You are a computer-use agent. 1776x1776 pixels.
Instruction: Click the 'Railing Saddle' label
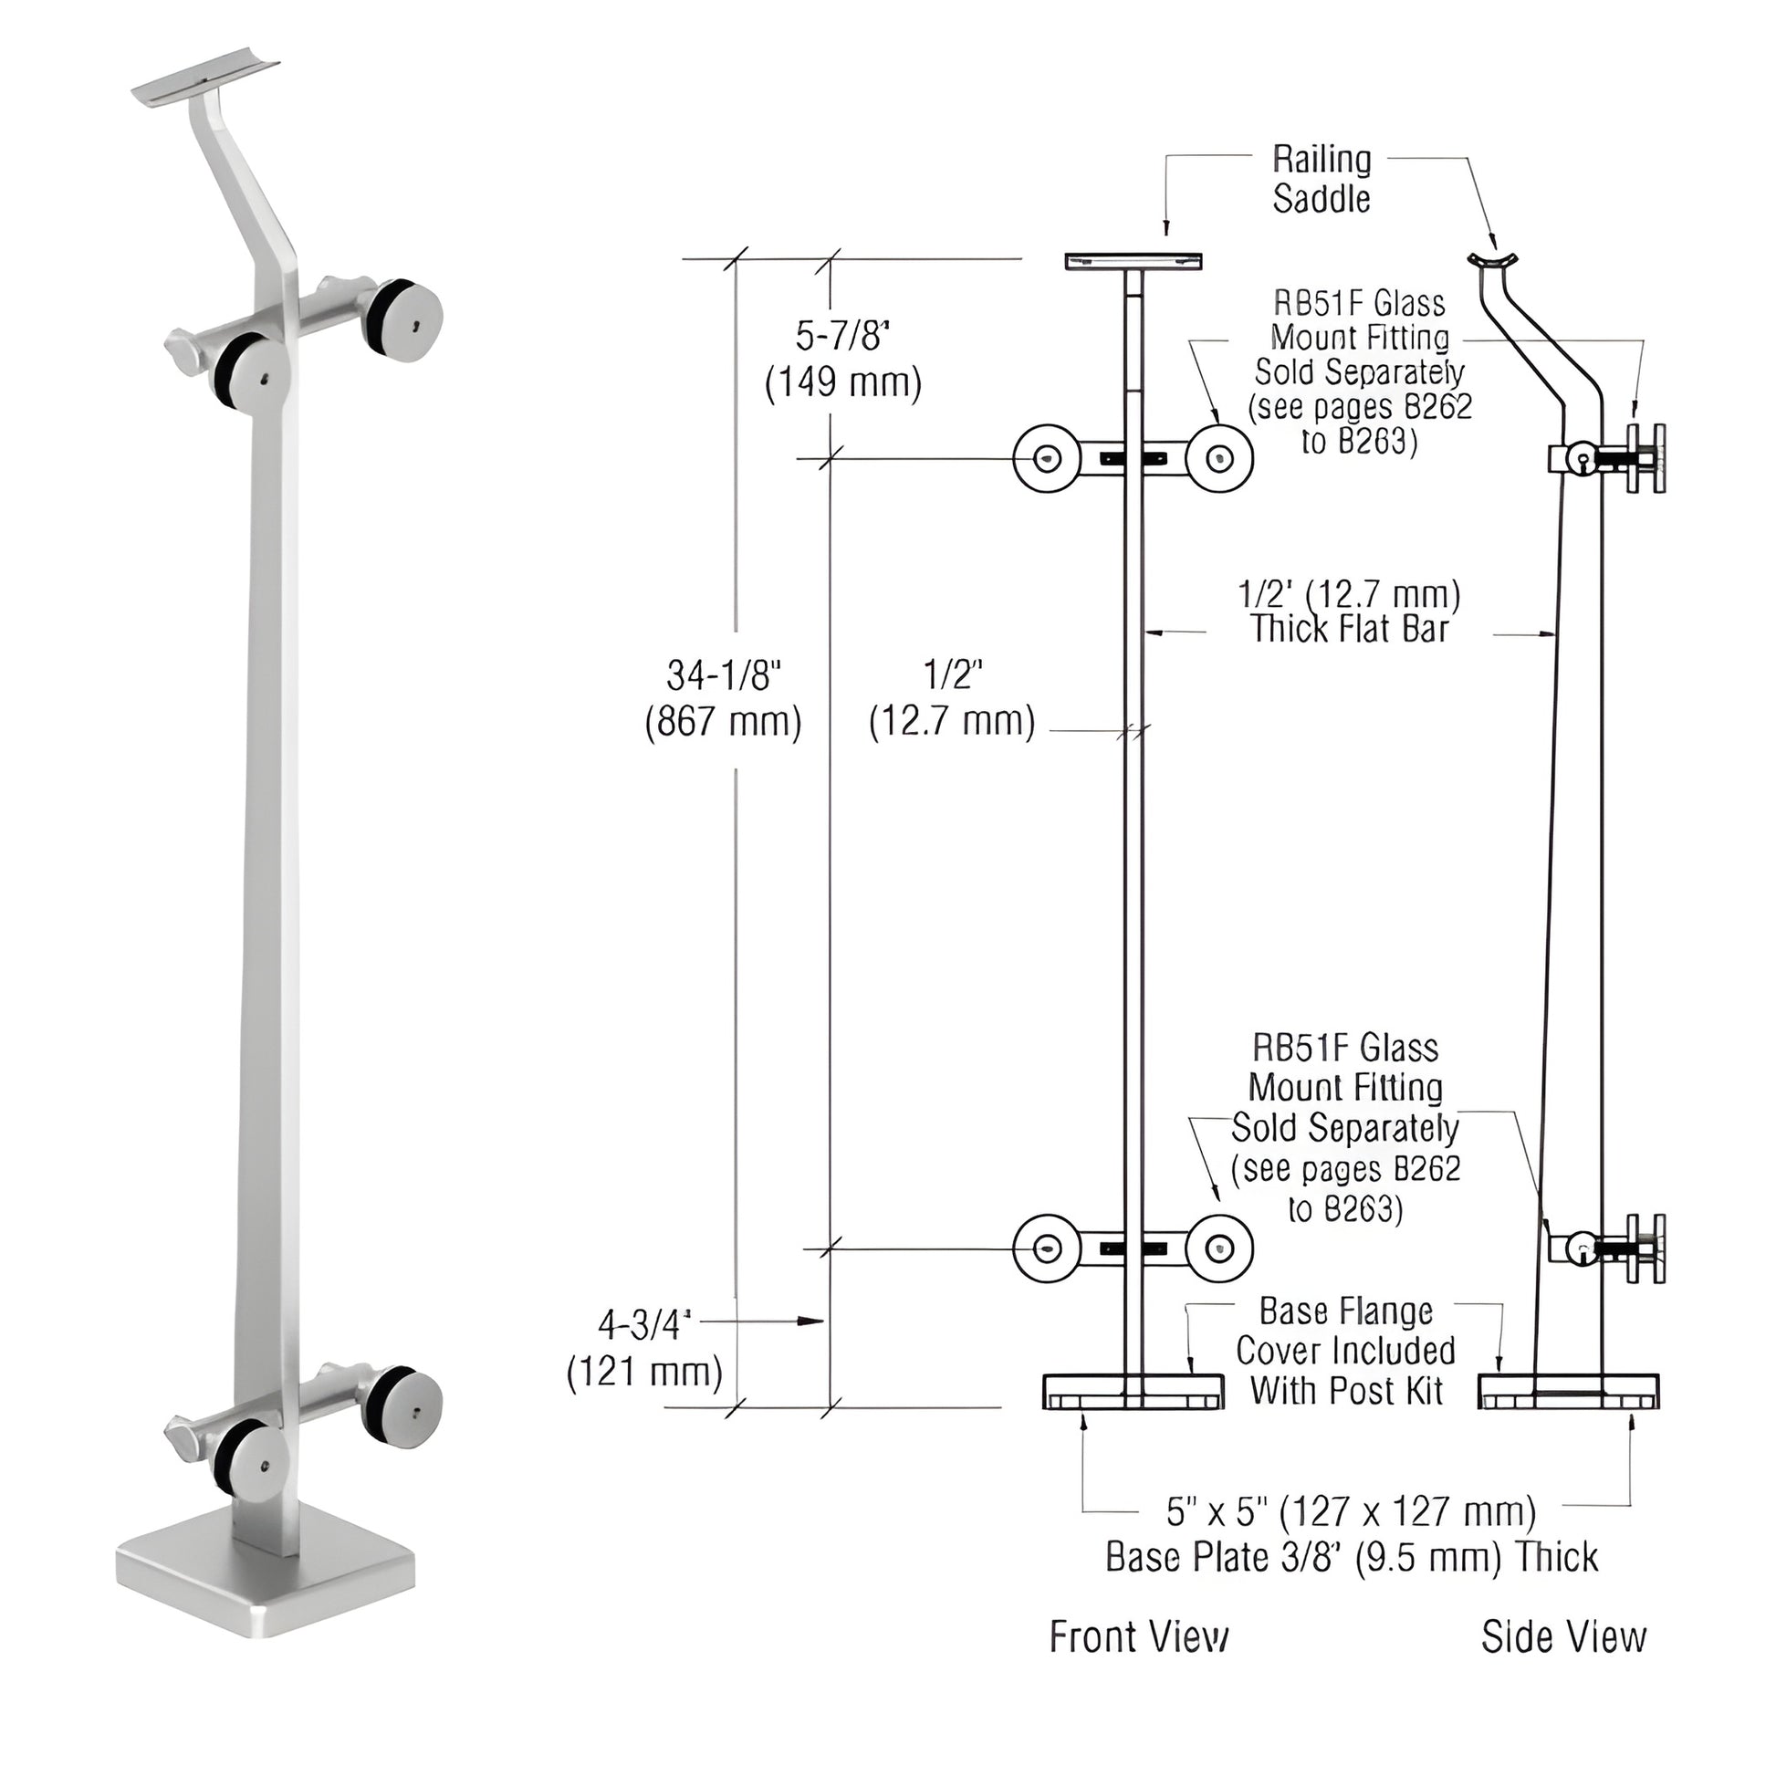[1321, 179]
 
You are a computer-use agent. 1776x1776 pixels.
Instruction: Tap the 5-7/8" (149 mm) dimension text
[843, 360]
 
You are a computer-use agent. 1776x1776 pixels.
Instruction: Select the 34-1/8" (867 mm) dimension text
[724, 700]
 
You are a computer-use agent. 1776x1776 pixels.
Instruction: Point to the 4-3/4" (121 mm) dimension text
[644, 1350]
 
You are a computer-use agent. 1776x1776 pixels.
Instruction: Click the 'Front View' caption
[1138, 1637]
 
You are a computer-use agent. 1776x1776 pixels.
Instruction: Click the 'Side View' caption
[1563, 1637]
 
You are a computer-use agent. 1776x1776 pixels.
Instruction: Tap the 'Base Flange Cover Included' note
[1346, 1351]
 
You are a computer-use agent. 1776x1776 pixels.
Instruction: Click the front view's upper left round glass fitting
[1046, 458]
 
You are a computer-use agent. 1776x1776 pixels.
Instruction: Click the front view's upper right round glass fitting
[1219, 458]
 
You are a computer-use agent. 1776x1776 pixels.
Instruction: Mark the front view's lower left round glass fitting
[1046, 1248]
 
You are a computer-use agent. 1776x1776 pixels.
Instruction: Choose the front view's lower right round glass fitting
[1219, 1248]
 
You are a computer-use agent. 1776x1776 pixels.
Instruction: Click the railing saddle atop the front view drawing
[1133, 261]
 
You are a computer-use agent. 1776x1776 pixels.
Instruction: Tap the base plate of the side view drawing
[1568, 1392]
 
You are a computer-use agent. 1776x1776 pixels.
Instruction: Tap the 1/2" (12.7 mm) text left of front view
[953, 700]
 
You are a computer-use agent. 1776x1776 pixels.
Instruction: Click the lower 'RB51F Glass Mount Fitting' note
[1345, 1128]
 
